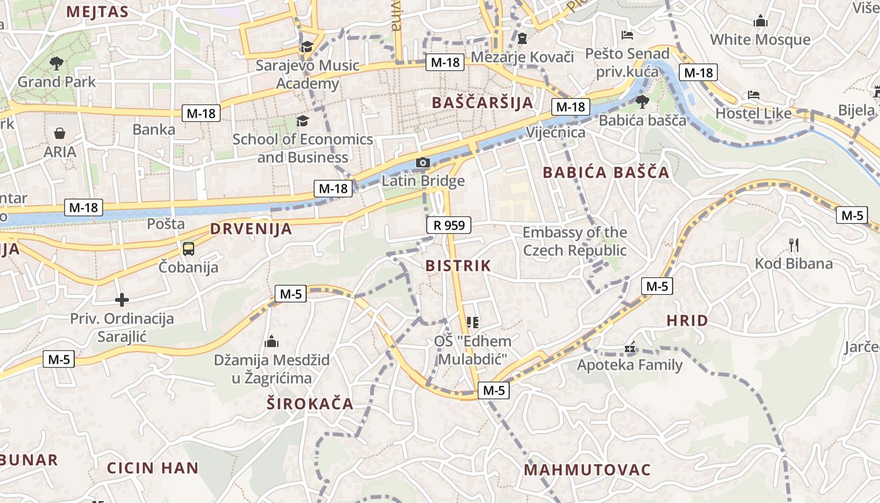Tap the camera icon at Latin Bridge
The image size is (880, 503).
423,163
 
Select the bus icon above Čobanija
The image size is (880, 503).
189,248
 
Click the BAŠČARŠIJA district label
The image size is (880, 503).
483,102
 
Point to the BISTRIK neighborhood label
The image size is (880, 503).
458,265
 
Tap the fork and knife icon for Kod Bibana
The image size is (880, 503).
794,245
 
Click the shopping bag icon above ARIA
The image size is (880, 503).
60,133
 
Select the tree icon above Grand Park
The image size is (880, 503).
57,62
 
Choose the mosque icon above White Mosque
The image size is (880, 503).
761,21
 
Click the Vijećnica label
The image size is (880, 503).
556,132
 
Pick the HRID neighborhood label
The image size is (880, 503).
687,321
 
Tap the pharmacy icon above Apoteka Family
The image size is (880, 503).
630,347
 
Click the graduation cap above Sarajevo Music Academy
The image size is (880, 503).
307,47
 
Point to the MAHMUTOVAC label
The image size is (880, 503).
587,470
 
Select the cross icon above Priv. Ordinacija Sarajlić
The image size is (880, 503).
122,300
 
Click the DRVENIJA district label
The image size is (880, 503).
251,229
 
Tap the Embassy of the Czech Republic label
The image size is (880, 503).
575,241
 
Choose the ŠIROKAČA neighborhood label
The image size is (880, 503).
310,404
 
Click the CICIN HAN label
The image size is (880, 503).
153,468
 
